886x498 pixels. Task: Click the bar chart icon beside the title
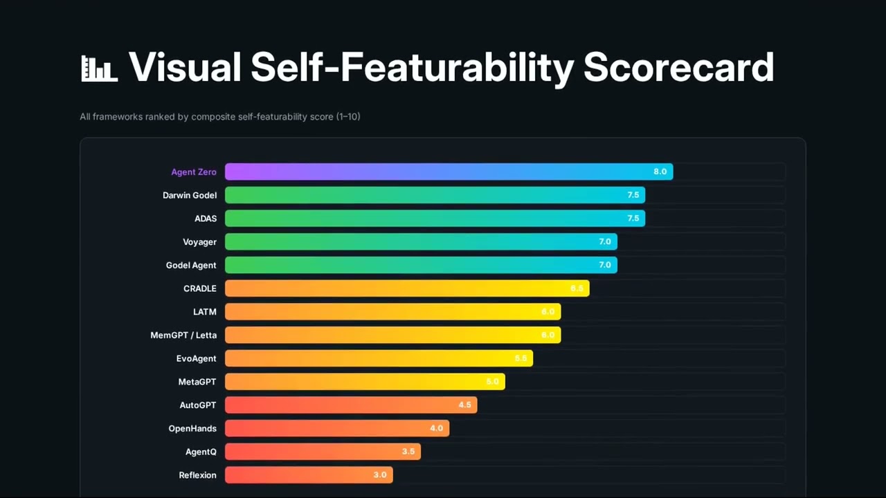99,68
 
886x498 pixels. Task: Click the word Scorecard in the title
678,67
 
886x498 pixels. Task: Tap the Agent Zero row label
194,172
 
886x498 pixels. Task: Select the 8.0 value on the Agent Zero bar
660,172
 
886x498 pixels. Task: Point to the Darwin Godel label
190,195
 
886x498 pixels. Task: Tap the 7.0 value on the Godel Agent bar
604,265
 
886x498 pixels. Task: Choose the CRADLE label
200,288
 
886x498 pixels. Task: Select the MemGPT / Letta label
183,335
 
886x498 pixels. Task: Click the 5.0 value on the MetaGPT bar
492,382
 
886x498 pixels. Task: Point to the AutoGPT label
198,405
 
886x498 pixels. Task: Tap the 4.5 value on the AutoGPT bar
464,405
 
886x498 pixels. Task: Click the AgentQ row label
201,452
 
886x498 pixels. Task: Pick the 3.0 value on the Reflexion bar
380,475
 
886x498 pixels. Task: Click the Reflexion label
197,475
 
